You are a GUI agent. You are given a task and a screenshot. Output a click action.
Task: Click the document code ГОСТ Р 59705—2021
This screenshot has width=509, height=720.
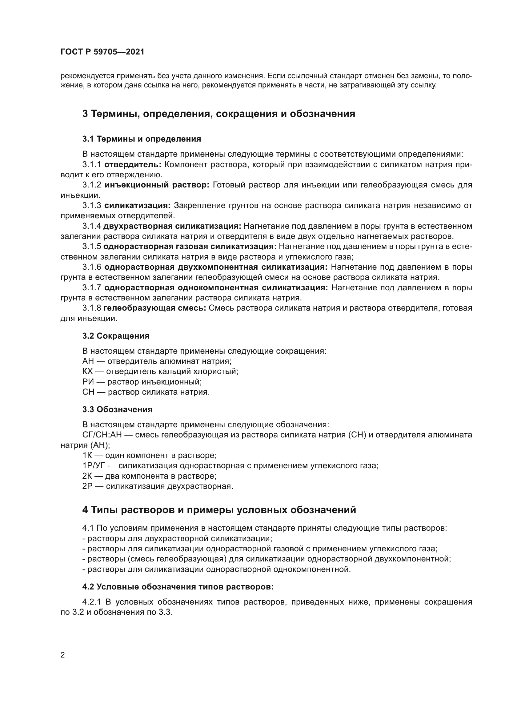(x=102, y=52)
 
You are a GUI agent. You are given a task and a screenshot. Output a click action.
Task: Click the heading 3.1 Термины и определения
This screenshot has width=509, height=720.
(x=142, y=139)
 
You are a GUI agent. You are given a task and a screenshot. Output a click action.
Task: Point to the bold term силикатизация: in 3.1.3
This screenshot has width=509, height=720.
(x=137, y=206)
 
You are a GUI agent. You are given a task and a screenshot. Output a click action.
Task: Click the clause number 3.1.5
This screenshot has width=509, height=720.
(x=91, y=247)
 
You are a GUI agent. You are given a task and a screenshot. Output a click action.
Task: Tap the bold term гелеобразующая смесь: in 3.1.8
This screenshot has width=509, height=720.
(x=154, y=308)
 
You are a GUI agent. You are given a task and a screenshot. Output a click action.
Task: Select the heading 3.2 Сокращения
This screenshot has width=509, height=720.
(x=116, y=336)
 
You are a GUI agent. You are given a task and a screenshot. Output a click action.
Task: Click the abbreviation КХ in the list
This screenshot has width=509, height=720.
(x=88, y=372)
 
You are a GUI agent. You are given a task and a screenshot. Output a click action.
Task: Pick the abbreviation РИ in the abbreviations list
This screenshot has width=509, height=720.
(x=88, y=382)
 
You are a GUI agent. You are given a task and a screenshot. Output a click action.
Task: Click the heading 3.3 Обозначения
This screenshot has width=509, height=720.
(x=117, y=409)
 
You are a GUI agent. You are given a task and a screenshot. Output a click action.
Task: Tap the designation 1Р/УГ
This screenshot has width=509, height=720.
(x=95, y=466)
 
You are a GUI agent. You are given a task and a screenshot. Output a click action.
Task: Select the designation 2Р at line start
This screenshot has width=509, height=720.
(x=86, y=486)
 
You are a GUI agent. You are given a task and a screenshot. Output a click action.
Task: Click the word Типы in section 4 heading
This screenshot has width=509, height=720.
(x=104, y=510)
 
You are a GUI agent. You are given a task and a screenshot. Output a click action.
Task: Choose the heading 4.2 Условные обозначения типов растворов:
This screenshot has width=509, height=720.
(x=178, y=587)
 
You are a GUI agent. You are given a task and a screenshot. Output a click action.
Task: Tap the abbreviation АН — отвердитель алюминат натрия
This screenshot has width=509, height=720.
(x=88, y=361)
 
